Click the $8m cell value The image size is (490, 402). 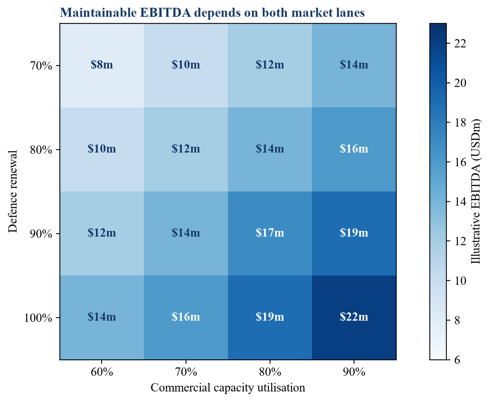[102, 65]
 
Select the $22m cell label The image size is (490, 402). [354, 317]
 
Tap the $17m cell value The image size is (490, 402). [270, 233]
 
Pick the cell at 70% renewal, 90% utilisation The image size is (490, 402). [354, 65]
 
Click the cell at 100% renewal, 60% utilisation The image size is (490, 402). [102, 317]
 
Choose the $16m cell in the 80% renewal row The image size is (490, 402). [354, 149]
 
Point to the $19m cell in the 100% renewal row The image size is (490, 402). [270, 317]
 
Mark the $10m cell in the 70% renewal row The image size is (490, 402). [186, 65]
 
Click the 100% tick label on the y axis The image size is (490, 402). [38, 318]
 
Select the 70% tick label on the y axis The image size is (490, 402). [41, 66]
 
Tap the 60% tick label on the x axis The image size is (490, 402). [102, 372]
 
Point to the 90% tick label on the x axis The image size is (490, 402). [354, 372]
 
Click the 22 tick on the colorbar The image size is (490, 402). [460, 44]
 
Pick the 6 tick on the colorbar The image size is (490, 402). [457, 360]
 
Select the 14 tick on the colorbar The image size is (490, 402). [460, 202]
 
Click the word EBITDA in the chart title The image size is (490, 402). [165, 13]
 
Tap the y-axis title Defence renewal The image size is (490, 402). [13, 191]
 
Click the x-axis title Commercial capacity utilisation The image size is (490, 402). [228, 388]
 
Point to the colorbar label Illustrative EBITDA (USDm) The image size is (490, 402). [476, 191]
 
